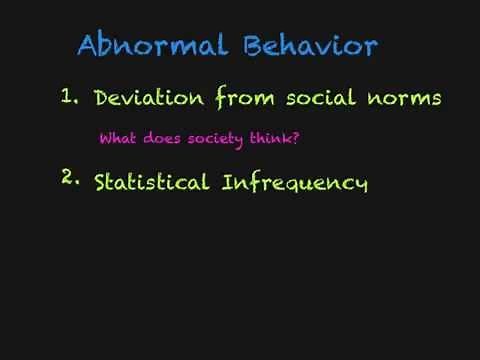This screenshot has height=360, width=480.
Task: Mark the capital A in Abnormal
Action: [x=89, y=46]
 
